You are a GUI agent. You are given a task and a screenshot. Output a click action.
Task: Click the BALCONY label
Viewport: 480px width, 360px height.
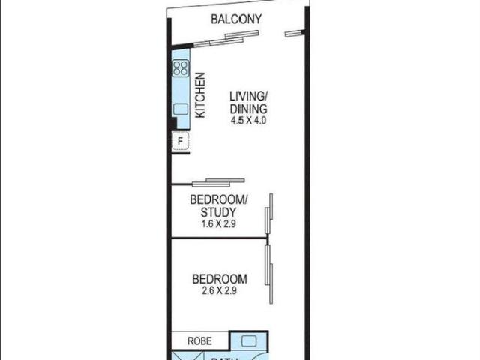point(235,19)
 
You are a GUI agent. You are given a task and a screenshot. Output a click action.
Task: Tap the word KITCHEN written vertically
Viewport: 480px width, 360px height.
point(200,95)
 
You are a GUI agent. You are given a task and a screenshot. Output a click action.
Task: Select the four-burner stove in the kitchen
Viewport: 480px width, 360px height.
point(180,69)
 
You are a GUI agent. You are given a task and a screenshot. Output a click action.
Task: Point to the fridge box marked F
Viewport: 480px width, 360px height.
point(180,142)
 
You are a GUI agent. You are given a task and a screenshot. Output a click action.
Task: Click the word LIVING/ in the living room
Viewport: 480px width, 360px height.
point(248,96)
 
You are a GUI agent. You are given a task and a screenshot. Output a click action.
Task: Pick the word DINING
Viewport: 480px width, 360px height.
point(248,108)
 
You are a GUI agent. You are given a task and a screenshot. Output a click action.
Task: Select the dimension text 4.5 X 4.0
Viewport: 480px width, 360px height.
point(248,120)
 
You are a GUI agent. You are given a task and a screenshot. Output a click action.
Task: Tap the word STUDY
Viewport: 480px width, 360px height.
point(218,212)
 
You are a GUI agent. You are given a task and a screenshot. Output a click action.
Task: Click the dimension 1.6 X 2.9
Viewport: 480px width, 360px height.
point(218,223)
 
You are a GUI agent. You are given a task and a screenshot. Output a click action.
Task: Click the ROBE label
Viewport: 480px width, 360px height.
point(199,340)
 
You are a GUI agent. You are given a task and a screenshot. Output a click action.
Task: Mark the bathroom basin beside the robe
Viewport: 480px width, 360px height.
point(250,341)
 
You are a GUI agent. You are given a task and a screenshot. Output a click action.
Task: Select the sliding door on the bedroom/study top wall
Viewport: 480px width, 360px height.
point(218,181)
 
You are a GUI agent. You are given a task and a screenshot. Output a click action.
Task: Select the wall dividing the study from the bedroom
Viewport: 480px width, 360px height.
point(217,238)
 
